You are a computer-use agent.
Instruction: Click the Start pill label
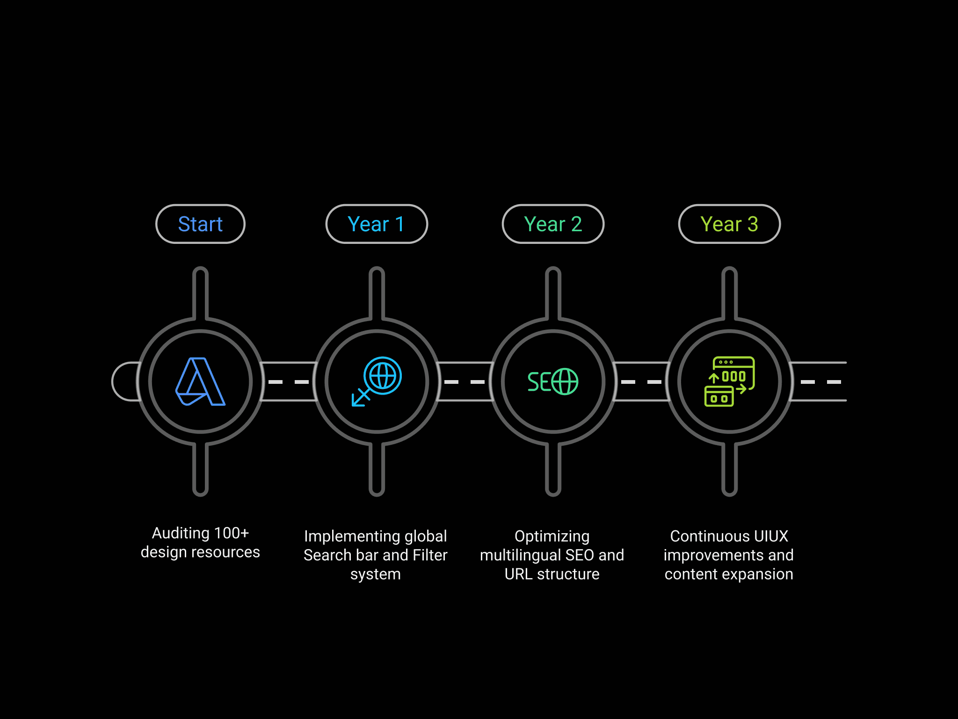200,224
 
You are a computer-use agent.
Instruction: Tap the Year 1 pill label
376,224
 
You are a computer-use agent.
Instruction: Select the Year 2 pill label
553,224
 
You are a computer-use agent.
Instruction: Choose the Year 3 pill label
729,224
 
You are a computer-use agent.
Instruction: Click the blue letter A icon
200,382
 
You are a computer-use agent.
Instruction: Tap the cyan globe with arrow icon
377,382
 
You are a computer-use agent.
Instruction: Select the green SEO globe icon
553,382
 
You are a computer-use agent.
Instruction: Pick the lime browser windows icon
729,382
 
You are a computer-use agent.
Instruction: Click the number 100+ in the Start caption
231,533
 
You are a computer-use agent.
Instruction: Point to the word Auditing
181,533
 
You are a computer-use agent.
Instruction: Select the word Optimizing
552,536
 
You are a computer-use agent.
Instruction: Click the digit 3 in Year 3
753,224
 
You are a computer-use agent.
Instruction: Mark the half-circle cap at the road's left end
124,382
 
